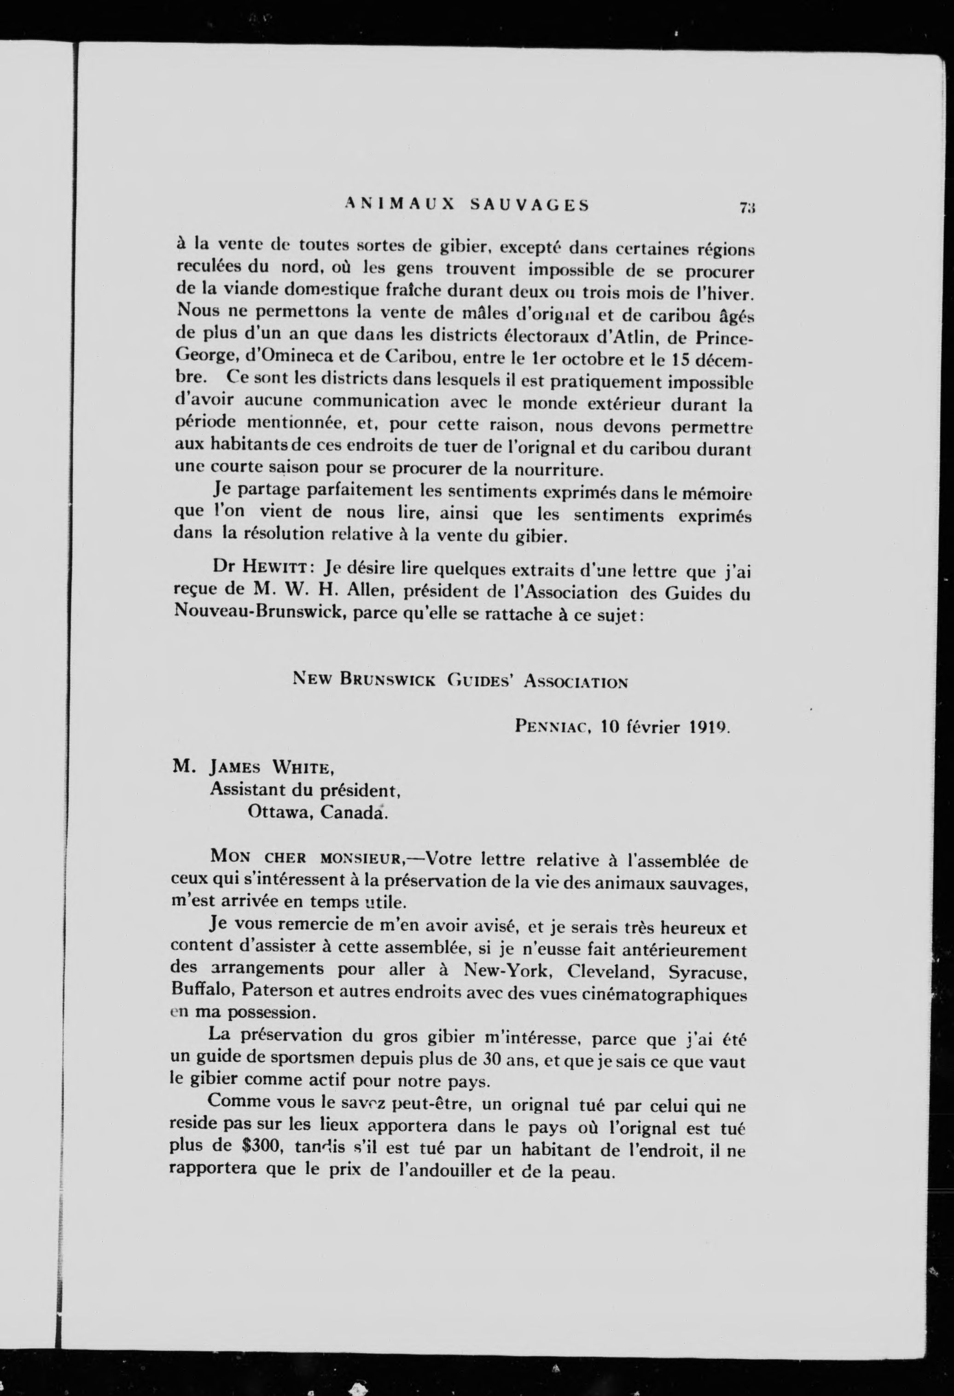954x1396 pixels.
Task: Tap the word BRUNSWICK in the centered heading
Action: [x=388, y=679]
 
